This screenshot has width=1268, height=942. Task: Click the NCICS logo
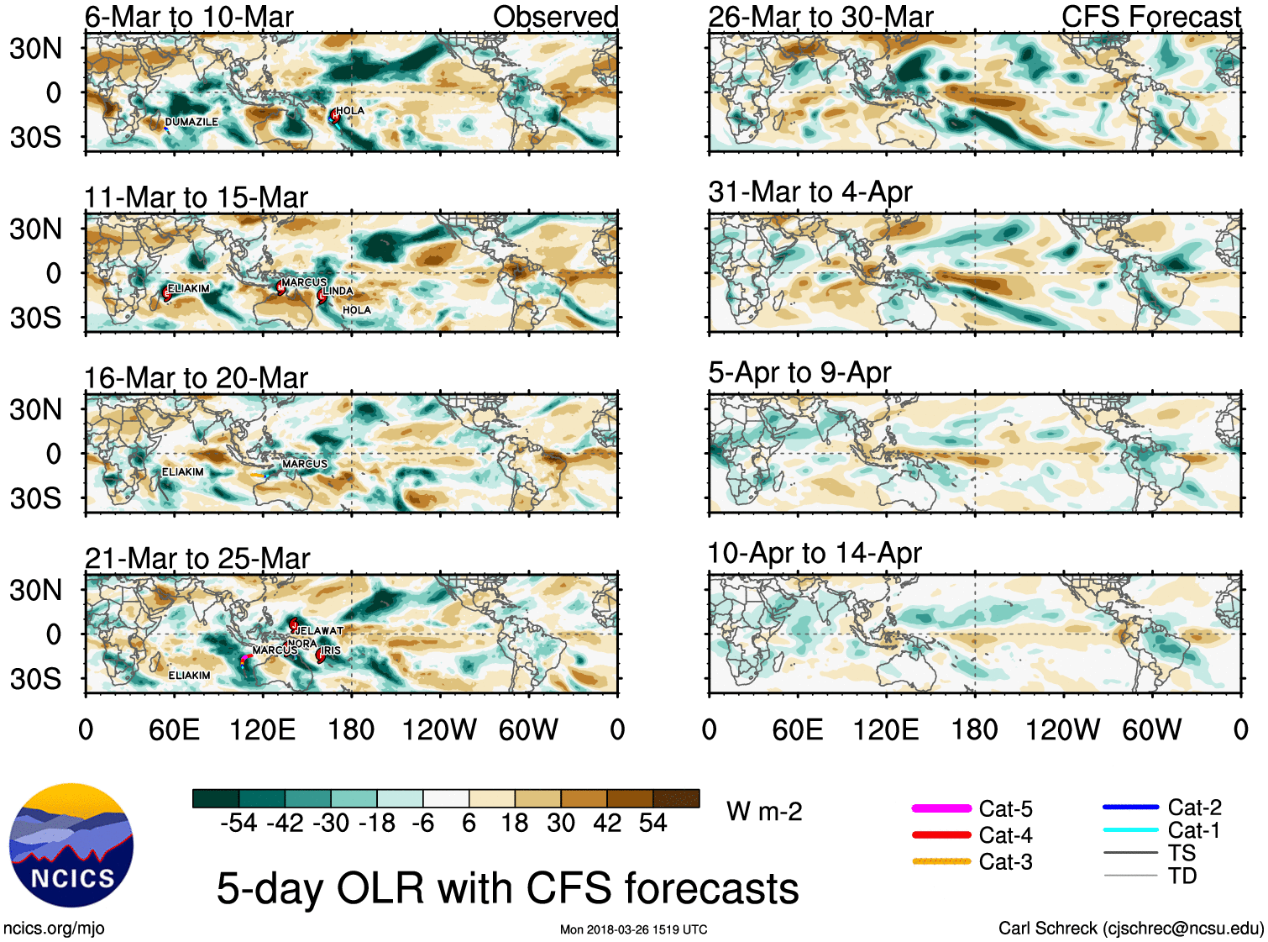[x=71, y=845]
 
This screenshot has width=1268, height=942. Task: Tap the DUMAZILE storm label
[x=191, y=122]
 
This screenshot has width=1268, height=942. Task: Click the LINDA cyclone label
[x=338, y=291]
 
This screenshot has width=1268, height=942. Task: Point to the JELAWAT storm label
[x=320, y=630]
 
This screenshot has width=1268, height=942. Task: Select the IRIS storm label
[x=332, y=650]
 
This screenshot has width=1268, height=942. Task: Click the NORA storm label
[x=302, y=644]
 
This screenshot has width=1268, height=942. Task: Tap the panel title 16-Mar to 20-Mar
[x=196, y=378]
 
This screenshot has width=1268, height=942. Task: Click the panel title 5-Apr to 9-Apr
[x=799, y=372]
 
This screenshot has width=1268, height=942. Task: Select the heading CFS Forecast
[x=1150, y=17]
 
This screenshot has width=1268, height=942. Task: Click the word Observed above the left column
[x=555, y=17]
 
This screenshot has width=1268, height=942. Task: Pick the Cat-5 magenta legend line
[x=941, y=808]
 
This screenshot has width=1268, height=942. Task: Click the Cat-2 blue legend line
[x=1130, y=807]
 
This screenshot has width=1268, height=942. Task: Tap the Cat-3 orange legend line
[x=941, y=861]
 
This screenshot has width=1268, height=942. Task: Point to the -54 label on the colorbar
[x=238, y=823]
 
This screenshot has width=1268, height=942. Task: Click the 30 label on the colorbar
[x=561, y=823]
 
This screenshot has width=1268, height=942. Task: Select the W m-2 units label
[x=764, y=811]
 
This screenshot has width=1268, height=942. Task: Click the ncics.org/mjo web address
[x=54, y=928]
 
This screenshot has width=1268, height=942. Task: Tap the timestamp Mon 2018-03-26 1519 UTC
[x=633, y=929]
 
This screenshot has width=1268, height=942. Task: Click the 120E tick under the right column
[x=886, y=729]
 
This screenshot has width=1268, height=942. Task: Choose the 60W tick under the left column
[x=528, y=729]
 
